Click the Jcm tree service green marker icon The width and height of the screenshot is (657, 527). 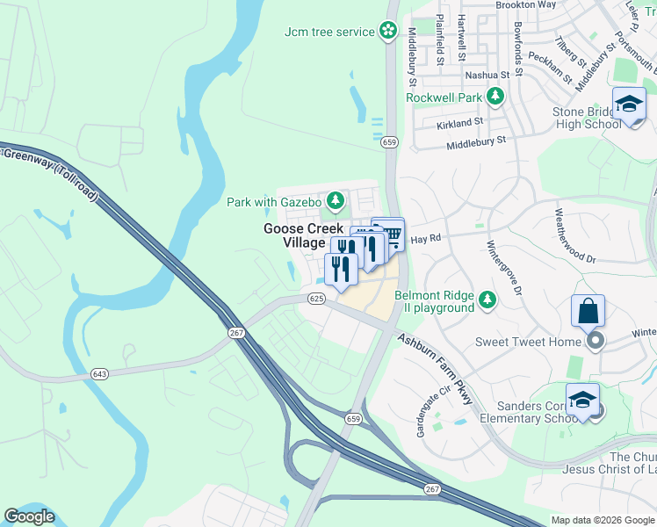(x=388, y=32)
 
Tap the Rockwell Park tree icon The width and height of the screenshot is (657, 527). (x=496, y=97)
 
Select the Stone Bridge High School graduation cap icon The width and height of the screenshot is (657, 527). (x=629, y=105)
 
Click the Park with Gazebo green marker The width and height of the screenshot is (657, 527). (x=335, y=202)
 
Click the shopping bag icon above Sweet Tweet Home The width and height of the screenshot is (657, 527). (x=588, y=311)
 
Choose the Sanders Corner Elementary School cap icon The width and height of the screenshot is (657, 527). (x=582, y=400)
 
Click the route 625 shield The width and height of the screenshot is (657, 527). (x=317, y=300)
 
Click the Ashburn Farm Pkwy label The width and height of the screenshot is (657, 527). (x=435, y=369)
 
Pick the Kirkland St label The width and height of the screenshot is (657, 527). (x=459, y=124)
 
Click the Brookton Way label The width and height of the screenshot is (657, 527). (x=526, y=4)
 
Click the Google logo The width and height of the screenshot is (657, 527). (x=29, y=516)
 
